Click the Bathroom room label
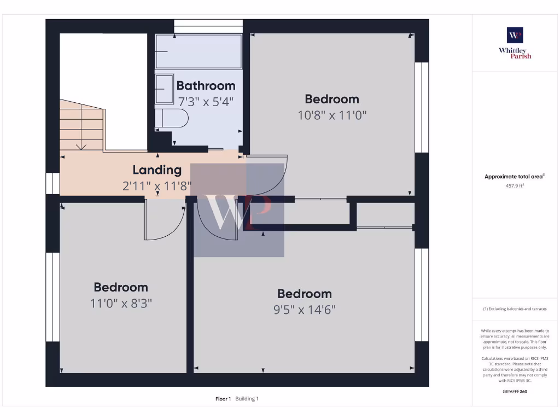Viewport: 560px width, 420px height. click(206, 86)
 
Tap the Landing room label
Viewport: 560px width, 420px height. click(157, 170)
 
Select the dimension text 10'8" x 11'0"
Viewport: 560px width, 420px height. click(332, 115)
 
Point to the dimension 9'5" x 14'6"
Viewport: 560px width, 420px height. click(304, 310)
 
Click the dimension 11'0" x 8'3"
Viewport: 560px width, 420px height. click(121, 303)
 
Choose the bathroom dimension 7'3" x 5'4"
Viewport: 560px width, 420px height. click(206, 102)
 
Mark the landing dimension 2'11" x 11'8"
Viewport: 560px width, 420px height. click(157, 186)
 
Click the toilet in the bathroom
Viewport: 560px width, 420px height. click(172, 118)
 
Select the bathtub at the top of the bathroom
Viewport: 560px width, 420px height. click(199, 51)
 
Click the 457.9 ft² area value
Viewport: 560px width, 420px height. click(515, 185)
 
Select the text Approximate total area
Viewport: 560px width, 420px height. click(514, 177)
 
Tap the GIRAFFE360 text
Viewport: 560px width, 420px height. click(515, 392)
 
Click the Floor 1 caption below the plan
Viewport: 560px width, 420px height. click(223, 399)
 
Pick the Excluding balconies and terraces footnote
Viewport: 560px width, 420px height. click(515, 309)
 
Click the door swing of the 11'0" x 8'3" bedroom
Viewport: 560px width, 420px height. click(164, 221)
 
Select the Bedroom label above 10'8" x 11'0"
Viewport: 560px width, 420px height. click(332, 99)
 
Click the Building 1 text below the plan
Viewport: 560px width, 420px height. click(247, 399)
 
